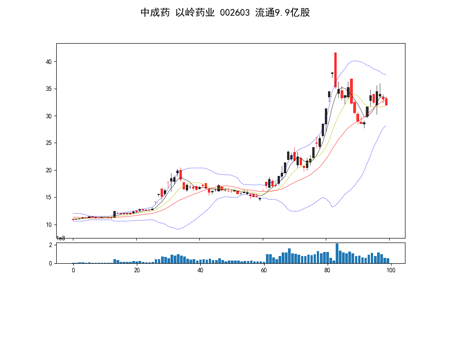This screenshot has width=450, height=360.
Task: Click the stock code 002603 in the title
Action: pyautogui.click(x=235, y=13)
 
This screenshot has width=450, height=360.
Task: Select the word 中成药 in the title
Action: pyautogui.click(x=155, y=13)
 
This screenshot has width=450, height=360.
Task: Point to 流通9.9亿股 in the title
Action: pyautogui.click(x=282, y=13)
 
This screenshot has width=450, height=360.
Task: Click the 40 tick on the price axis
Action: pyautogui.click(x=49, y=62)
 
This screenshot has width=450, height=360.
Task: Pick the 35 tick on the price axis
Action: pyautogui.click(x=49, y=89)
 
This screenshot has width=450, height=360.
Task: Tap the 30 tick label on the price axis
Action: pyautogui.click(x=49, y=116)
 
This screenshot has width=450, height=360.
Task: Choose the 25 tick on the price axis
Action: pyautogui.click(x=49, y=143)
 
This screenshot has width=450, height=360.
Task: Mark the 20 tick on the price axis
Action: pyautogui.click(x=49, y=171)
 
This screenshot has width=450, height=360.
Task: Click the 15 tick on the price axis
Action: pyautogui.click(x=49, y=198)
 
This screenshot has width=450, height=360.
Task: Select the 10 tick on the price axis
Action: pyautogui.click(x=49, y=225)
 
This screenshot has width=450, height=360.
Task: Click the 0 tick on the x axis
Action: pyautogui.click(x=73, y=270)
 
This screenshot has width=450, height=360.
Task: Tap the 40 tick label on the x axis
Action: pyautogui.click(x=200, y=270)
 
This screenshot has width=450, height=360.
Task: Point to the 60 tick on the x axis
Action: pyautogui.click(x=264, y=270)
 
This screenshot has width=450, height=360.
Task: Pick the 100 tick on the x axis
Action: pyautogui.click(x=391, y=270)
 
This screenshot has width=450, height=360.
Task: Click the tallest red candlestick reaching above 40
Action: pyautogui.click(x=335, y=70)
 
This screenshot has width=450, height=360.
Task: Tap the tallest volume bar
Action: pyautogui.click(x=337, y=253)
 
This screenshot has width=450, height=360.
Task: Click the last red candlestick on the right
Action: pyautogui.click(x=386, y=102)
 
